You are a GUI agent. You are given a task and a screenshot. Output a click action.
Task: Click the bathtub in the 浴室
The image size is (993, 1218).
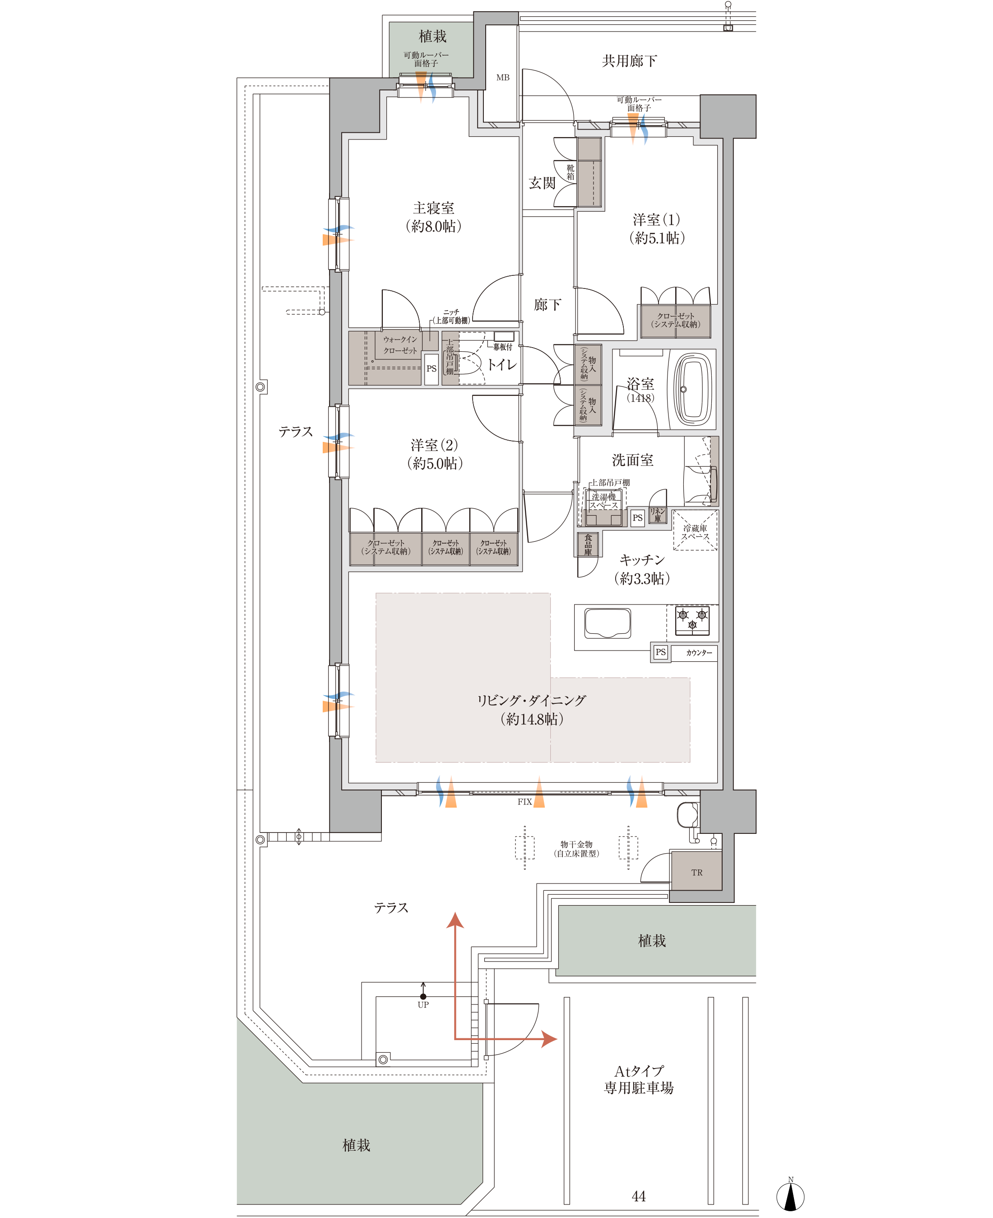tap(694, 389)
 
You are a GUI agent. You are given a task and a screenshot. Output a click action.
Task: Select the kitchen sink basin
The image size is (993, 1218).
tap(608, 623)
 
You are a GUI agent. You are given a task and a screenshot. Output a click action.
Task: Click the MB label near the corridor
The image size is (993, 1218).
tap(503, 77)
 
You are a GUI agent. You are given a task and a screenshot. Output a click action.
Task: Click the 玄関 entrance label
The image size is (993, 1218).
tap(542, 183)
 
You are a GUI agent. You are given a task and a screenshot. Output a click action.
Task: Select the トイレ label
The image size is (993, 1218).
tap(501, 364)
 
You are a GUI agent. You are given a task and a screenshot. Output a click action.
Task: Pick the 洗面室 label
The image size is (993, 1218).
tap(632, 460)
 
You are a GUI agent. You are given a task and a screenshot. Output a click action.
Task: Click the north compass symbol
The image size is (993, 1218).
tap(790, 1196)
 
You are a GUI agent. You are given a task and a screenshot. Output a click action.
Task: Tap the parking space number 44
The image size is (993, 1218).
tap(638, 1196)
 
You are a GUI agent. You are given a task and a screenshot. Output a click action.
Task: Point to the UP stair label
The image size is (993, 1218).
tap(423, 1004)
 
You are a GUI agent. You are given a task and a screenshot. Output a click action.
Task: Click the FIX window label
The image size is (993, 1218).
tap(524, 802)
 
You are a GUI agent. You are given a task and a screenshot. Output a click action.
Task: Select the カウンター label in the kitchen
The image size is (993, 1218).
tap(699, 653)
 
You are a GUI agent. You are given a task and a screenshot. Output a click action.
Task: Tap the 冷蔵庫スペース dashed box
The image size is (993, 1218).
tap(695, 530)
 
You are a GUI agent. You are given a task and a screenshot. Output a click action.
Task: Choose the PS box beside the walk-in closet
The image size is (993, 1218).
tap(432, 368)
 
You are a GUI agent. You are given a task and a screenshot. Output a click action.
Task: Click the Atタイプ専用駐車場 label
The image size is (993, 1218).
tap(639, 1079)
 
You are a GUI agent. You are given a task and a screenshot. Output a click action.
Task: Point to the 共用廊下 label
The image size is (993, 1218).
tap(629, 60)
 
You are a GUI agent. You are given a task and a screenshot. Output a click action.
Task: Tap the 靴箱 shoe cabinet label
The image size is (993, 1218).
tap(570, 172)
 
